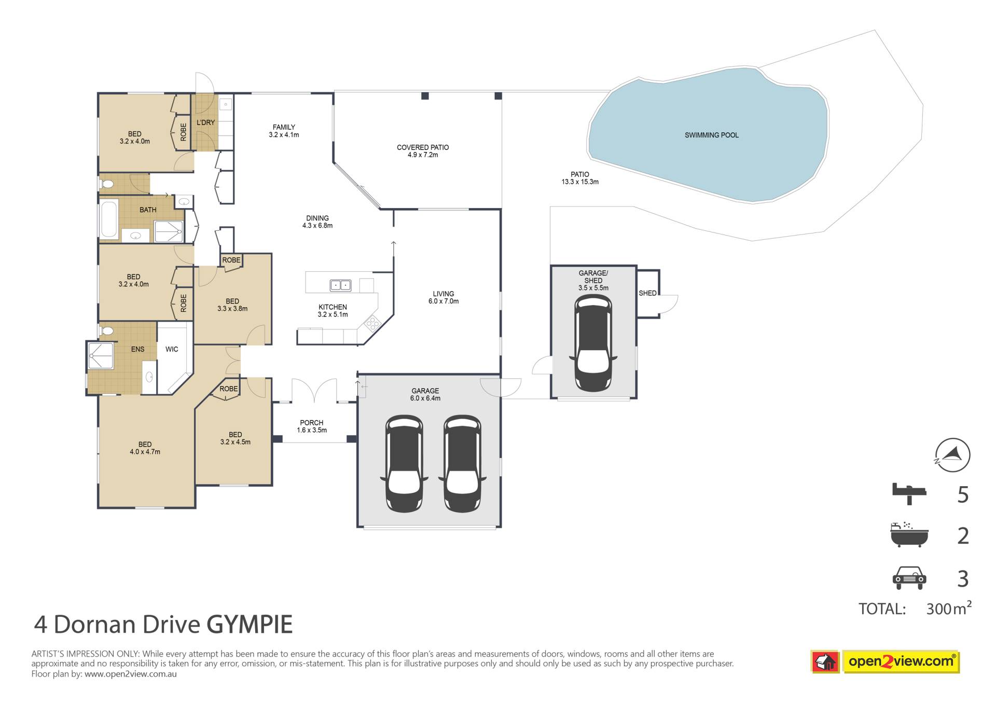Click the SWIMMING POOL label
[711, 135]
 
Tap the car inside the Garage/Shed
[593, 343]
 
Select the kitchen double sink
[340, 285]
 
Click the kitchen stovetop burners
[372, 324]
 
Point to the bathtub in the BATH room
[109, 219]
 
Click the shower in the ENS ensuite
[101, 355]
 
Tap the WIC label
[172, 349]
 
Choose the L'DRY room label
[205, 122]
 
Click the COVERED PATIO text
[423, 147]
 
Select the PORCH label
[311, 423]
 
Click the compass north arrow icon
[952, 455]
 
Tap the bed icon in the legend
[909, 493]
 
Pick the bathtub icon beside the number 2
[909, 534]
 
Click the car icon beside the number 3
[909, 577]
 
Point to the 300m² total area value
[949, 608]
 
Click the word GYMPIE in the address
[250, 624]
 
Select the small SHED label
[647, 293]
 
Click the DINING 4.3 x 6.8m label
[317, 222]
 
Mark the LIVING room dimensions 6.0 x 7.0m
[444, 301]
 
